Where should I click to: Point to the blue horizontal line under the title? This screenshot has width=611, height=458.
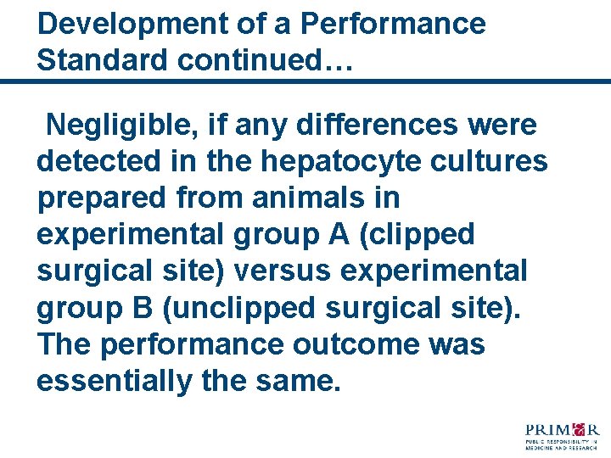coord(305,81)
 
